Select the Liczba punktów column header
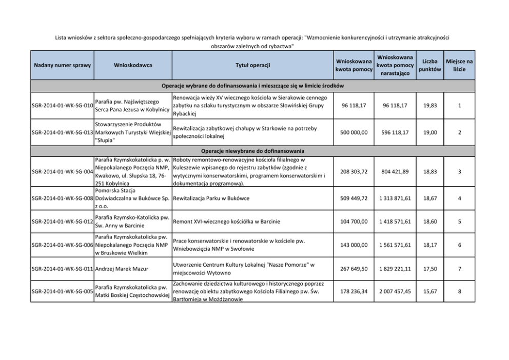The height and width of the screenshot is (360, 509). [429, 65]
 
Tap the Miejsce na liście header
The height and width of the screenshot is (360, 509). [460, 65]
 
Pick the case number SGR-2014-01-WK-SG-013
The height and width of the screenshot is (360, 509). [62, 132]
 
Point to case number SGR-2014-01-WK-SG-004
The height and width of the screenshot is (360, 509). [62, 171]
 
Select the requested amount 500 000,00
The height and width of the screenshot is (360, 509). [354, 132]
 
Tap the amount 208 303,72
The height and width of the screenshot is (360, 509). [354, 171]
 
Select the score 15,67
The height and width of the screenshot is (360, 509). [429, 292]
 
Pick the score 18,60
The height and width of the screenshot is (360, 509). [429, 222]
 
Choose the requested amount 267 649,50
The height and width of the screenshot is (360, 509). [354, 268]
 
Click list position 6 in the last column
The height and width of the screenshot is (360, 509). [460, 245]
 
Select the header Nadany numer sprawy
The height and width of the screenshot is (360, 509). [62, 65]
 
